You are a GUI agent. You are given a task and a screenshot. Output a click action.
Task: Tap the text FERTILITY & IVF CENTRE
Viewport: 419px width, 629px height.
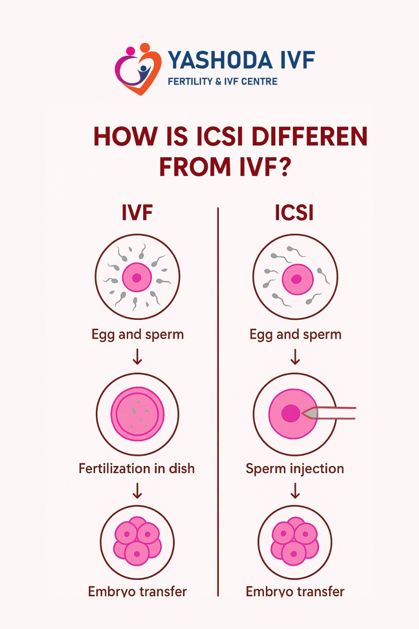[222, 81]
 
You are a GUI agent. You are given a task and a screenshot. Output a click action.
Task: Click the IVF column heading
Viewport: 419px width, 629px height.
[137, 213]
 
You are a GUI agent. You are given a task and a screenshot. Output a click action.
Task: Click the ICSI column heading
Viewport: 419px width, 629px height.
[294, 213]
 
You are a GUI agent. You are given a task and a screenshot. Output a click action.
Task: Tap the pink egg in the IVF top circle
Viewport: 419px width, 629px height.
[137, 277]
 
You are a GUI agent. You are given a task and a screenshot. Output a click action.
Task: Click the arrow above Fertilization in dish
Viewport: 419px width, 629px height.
[137, 356]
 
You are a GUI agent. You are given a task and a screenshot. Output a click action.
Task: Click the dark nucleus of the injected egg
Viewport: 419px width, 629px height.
[290, 413]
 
